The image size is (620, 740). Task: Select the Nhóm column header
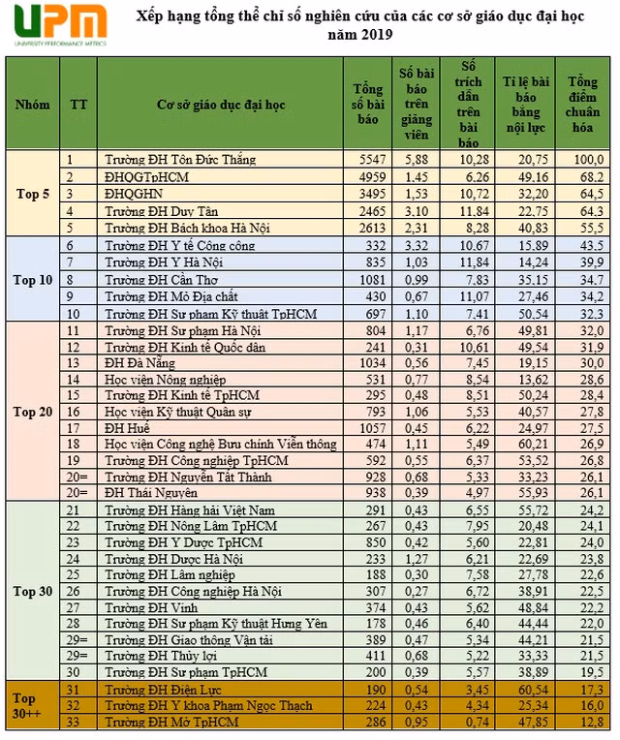tap(32, 104)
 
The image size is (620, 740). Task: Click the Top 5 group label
tap(32, 194)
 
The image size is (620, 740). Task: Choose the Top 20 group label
tap(32, 412)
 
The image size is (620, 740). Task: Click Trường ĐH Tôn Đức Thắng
tap(180, 159)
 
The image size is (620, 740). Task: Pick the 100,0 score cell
tap(586, 159)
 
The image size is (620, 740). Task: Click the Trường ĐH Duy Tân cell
tap(161, 210)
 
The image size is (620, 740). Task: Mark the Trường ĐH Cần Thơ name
tap(161, 279)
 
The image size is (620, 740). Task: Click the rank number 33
tap(72, 723)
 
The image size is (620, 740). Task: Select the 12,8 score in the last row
tap(586, 723)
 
